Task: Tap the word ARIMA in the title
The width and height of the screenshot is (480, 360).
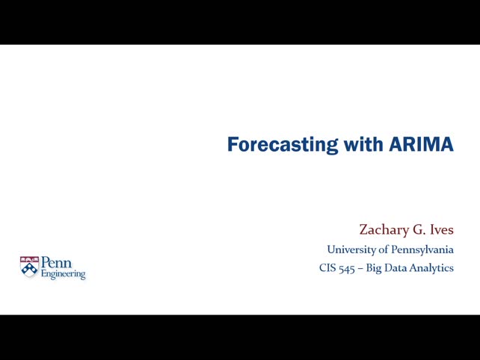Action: point(421,144)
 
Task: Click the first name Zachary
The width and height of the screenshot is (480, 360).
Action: point(383,230)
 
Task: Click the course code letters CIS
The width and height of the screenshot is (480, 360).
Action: point(327,268)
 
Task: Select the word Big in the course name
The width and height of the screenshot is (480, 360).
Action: point(374,268)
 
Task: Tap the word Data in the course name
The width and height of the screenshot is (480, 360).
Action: point(396,268)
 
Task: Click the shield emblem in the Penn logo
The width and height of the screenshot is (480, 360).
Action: point(29,267)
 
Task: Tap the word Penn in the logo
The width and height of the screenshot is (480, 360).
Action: point(56,264)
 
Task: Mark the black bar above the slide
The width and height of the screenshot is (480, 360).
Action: point(240,22)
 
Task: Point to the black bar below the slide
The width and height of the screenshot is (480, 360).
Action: point(240,338)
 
